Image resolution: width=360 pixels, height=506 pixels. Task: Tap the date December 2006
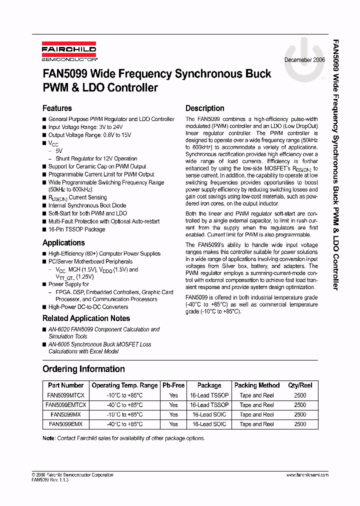(x=304, y=59)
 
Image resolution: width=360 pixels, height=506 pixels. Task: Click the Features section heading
(x=57, y=108)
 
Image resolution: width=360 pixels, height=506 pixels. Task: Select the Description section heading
(x=204, y=108)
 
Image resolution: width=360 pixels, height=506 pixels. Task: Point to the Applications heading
(x=63, y=243)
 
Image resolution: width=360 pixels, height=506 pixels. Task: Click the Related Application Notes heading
(x=86, y=318)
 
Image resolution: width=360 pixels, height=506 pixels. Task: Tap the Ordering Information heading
(x=83, y=369)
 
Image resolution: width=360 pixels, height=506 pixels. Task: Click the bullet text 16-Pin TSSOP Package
(x=76, y=229)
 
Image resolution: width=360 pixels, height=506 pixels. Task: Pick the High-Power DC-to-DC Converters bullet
(x=88, y=307)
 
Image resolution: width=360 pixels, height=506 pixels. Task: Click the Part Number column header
(x=65, y=385)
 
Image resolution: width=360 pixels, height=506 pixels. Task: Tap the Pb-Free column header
(x=173, y=385)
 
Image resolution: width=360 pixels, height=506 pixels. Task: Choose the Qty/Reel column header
(x=300, y=385)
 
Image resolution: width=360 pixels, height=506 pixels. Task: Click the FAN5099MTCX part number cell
(x=65, y=395)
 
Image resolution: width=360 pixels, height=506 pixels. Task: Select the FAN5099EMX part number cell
(x=65, y=424)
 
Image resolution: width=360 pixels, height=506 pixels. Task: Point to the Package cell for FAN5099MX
(x=209, y=414)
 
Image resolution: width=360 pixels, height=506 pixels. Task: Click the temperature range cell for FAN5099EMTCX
(x=124, y=405)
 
